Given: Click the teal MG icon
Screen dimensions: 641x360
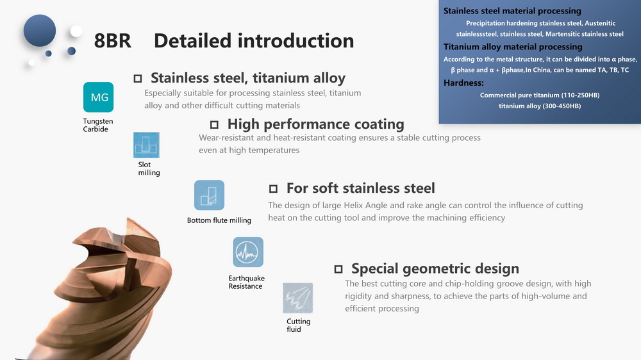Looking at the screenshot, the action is pos(98,97).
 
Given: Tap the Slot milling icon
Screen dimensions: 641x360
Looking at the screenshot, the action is pos(146,145).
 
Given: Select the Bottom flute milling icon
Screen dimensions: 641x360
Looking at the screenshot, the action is pos(209,195).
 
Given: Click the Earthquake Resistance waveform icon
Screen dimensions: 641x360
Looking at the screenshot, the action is pos(247,252).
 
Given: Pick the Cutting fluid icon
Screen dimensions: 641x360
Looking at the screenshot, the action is pos(297,298).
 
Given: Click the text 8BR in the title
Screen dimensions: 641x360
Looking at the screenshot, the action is pos(112,41).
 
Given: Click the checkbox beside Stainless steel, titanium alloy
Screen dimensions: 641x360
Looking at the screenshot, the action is pos(138,78).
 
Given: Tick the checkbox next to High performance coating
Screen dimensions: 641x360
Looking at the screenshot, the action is pos(214,124).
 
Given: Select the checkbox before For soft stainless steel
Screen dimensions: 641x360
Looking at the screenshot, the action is pos(273,188).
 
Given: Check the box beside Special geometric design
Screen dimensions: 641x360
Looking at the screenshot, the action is pos(338,269).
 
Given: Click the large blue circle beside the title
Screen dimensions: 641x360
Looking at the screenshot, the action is pos(40,31).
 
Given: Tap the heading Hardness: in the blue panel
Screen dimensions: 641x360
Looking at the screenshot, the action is pos(463,83).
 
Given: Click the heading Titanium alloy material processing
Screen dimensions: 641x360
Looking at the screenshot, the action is pos(513,47).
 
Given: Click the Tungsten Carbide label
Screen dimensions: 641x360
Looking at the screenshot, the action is pos(97,125).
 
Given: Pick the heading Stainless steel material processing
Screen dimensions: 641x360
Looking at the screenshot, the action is pos(512,11).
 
